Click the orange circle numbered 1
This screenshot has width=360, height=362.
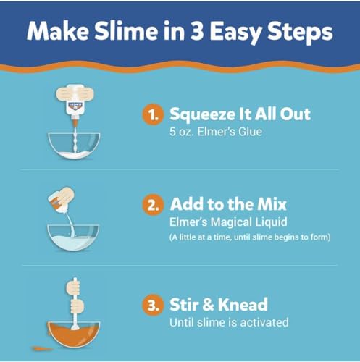pos(153,114)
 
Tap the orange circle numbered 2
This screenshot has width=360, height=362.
pos(153,205)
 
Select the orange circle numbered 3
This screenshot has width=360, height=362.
pos(153,305)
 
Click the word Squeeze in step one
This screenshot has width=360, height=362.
pos(203,115)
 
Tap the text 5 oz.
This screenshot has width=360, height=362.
pos(182,132)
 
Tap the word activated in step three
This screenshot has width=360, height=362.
pos(264,322)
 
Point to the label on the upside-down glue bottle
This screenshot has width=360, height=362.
pos(75,106)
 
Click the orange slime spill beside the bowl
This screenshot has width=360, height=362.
pos(42,348)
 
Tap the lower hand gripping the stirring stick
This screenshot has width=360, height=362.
pos(77,306)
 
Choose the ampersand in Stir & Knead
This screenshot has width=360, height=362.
pos(209,305)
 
